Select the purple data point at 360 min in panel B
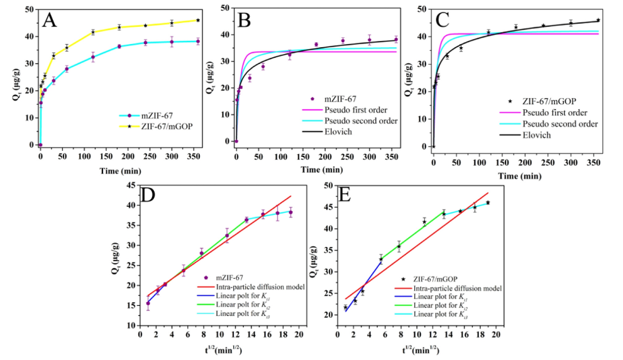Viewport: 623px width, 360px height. point(396,40)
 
